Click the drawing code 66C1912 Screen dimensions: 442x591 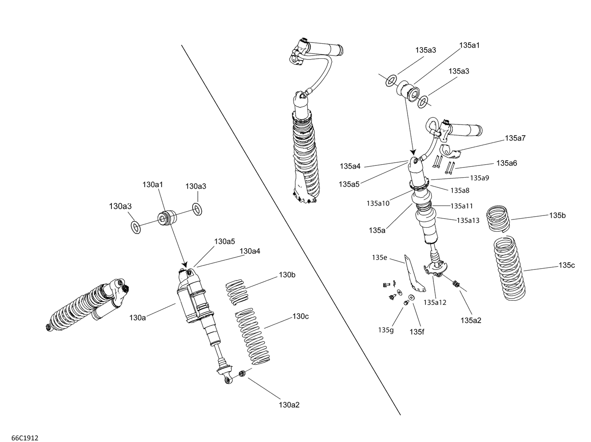pos(25,427)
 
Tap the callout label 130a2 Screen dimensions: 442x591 pos(289,405)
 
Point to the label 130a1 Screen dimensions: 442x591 pos(152,184)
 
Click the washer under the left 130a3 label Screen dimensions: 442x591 pos(135,227)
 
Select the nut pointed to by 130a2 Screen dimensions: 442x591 pos(243,373)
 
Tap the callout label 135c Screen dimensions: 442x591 pos(567,265)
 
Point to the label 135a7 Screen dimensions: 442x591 pos(515,138)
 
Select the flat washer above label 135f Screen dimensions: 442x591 pos(411,298)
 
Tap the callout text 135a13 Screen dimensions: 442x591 pos(468,220)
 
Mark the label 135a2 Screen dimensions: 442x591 pos(471,320)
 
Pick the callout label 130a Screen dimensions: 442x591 pos(138,317)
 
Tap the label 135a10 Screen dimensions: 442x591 pos(378,203)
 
